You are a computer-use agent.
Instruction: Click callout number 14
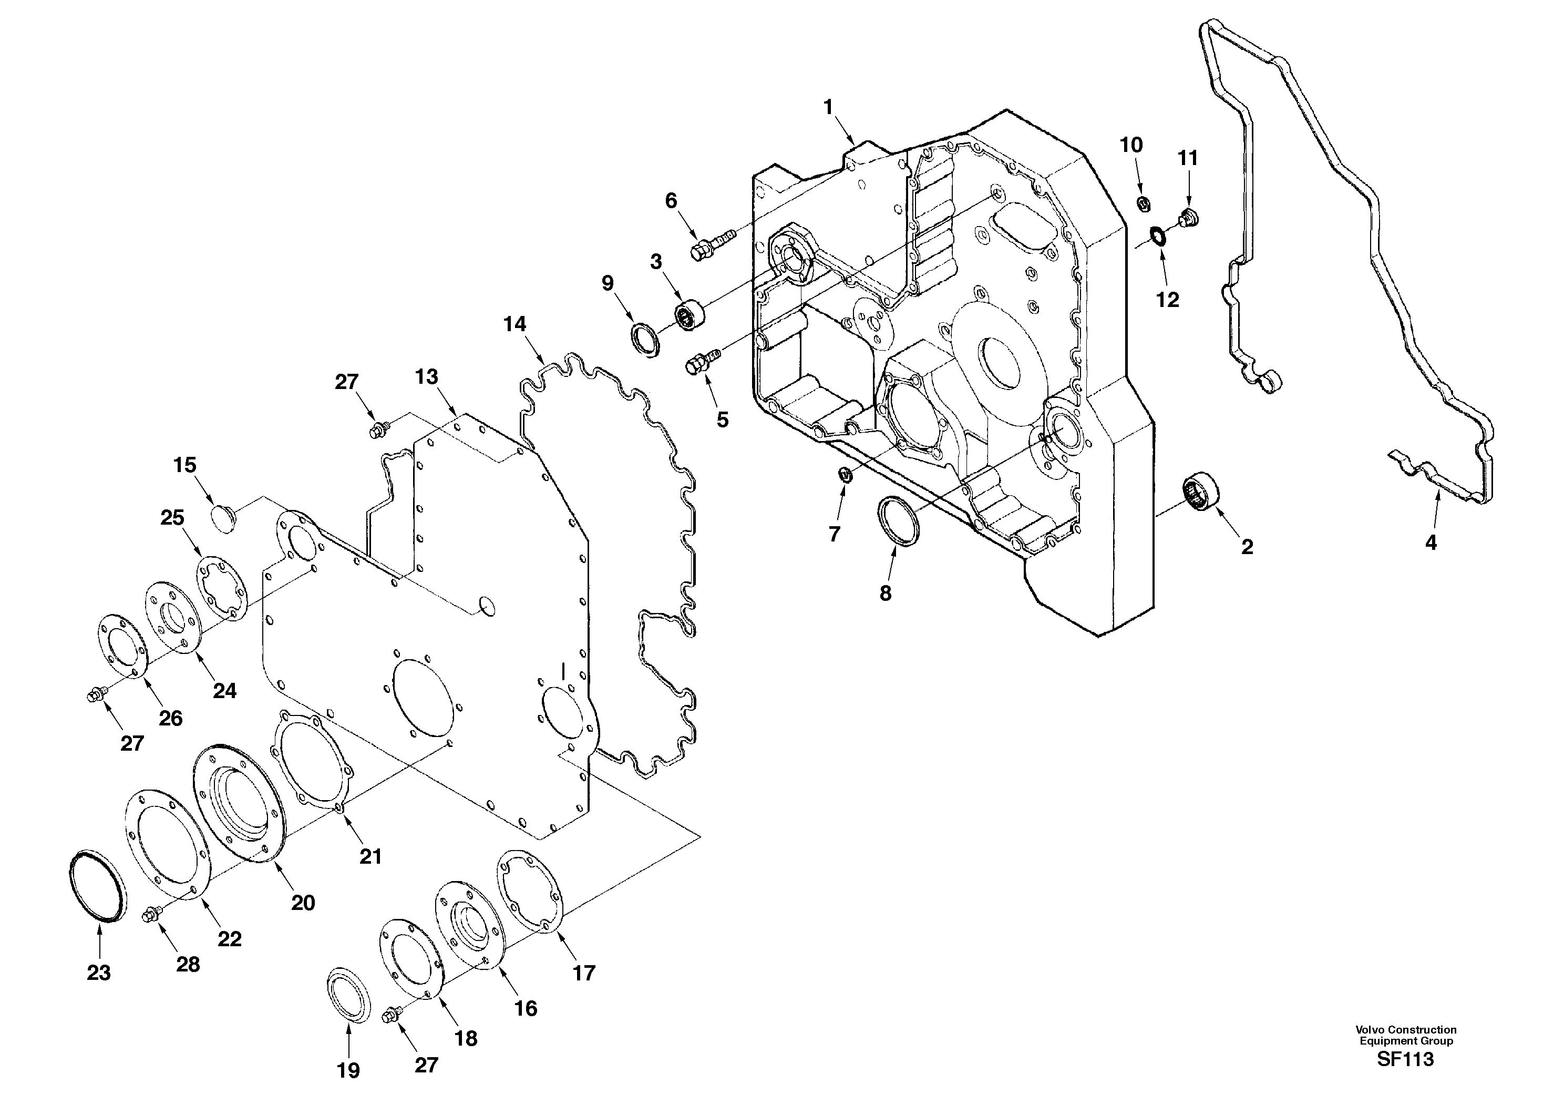pos(515,324)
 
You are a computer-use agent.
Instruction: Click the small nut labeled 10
pos(1144,202)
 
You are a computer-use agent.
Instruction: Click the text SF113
pos(1405,1059)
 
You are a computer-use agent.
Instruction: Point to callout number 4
pos(1431,543)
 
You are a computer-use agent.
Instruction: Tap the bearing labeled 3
pos(687,317)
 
